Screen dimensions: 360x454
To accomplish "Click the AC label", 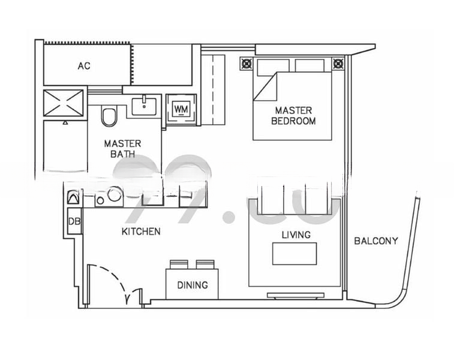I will click(x=84, y=65).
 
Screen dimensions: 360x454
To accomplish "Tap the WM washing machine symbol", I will click(x=181, y=109).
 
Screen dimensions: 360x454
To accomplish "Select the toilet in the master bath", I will click(x=109, y=116).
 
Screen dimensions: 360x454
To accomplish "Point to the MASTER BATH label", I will click(x=122, y=148).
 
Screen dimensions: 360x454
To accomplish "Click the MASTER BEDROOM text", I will click(x=293, y=115).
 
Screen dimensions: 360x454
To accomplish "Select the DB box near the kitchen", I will click(x=74, y=221).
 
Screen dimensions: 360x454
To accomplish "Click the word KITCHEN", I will click(x=141, y=231).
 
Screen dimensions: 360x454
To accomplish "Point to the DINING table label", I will click(x=192, y=285).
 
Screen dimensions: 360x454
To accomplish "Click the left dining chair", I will click(x=179, y=264).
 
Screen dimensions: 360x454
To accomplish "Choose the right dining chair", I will click(x=205, y=264).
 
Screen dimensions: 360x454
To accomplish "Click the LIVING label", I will click(x=296, y=235).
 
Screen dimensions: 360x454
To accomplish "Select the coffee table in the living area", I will click(x=294, y=254).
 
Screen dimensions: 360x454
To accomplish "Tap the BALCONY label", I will click(x=376, y=241).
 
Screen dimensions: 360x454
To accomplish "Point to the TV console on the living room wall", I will click(x=295, y=295).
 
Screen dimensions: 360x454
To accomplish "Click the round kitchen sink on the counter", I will click(x=115, y=194).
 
